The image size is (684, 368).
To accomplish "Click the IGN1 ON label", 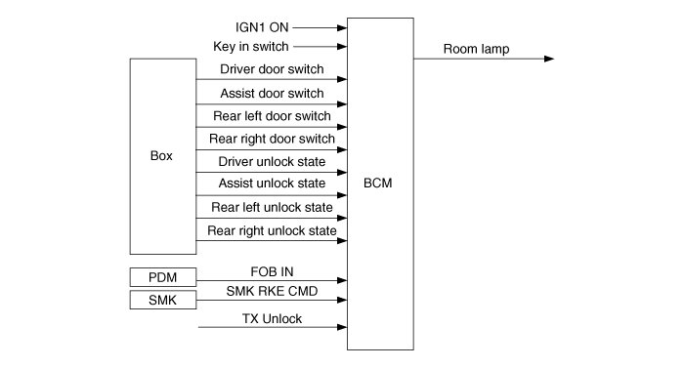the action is (262, 27).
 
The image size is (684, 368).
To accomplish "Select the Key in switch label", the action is (251, 46).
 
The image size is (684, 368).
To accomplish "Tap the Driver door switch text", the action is (272, 69).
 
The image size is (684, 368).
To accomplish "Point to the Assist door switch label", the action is (272, 93).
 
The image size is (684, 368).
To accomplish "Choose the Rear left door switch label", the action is (272, 116).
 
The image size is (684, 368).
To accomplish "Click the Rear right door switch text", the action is (272, 139).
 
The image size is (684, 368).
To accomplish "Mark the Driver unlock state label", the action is (272, 161).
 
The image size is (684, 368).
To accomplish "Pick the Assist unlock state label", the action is (272, 184).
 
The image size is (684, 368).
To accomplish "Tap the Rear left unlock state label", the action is (272, 207).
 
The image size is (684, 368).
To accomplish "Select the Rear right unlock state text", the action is (272, 230).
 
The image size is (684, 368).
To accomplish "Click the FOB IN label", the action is (272, 271).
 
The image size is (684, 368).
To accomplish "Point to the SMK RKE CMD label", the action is (272, 291).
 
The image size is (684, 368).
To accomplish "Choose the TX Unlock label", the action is (272, 319).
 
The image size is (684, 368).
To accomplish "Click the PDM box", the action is (163, 277).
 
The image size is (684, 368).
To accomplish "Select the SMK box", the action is (163, 300).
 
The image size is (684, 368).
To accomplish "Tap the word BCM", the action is (378, 183).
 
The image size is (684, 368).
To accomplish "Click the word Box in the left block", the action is (161, 155).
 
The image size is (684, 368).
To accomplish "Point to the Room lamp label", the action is (477, 49).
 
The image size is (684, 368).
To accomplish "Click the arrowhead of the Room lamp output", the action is (549, 59).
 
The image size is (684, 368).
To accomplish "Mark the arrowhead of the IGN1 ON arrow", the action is (342, 28).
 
